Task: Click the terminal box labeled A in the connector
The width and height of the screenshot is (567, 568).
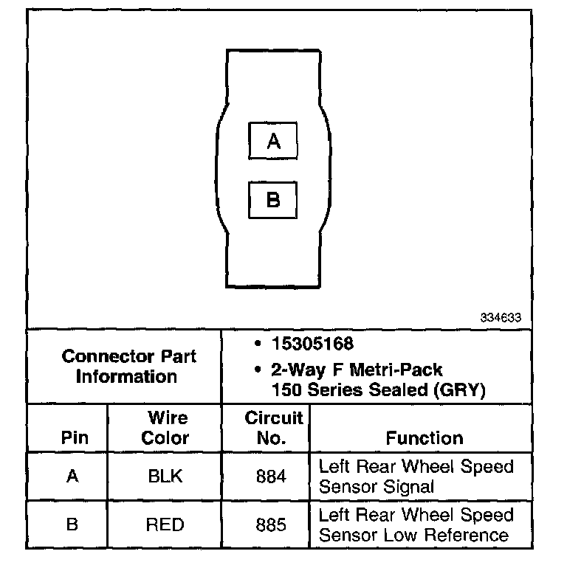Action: [x=273, y=141]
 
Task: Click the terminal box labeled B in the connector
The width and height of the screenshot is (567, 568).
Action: [x=273, y=200]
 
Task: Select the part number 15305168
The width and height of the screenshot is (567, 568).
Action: [x=312, y=344]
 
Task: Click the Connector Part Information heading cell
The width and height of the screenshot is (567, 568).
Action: [x=128, y=367]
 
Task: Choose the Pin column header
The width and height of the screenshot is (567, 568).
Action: [x=72, y=437]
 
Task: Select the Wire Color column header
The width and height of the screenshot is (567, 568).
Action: [x=165, y=428]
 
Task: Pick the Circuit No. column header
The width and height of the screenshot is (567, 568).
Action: [x=273, y=428]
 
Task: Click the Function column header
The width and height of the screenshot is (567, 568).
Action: [x=425, y=437]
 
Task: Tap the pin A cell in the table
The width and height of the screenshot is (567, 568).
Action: [x=72, y=477]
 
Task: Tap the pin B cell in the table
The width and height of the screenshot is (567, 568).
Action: [x=72, y=525]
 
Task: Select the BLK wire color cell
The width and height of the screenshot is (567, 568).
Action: [x=165, y=477]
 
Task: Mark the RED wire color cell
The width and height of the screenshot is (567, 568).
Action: [x=165, y=525]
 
